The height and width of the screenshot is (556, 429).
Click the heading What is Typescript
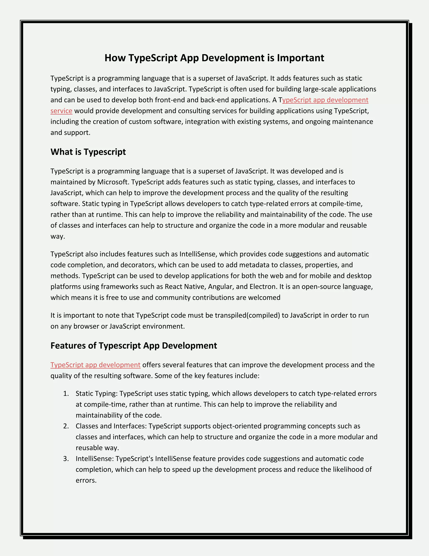(88, 152)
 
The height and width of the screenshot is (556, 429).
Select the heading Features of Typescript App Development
(134, 346)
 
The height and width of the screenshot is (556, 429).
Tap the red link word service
(61, 111)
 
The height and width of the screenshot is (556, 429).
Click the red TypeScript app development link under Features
(95, 365)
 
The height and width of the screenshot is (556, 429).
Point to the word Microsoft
(112, 182)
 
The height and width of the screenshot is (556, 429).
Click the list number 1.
(66, 394)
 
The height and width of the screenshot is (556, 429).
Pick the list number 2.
(66, 426)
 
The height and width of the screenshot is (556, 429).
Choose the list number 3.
(66, 459)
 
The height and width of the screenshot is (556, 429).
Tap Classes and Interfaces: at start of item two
(111, 426)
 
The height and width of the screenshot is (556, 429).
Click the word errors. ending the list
(86, 480)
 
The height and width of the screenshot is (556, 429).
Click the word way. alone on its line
(58, 236)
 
